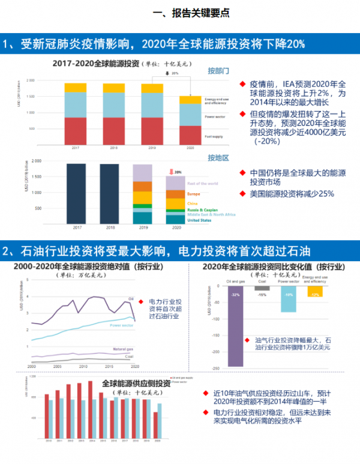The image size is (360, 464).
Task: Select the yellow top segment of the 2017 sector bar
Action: [76, 88]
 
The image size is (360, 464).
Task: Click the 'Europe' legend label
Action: [194, 194]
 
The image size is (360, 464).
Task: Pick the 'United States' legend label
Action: [200, 220]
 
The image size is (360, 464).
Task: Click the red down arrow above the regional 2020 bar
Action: [170, 172]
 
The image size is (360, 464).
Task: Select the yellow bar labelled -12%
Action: [314, 292]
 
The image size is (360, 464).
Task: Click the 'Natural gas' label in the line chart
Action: [122, 349]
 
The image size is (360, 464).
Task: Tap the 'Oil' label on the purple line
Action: [130, 298]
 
